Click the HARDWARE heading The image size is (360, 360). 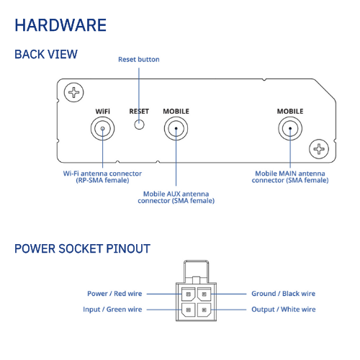click(x=60, y=25)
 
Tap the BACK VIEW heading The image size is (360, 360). click(x=46, y=54)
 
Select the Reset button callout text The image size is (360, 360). click(x=139, y=60)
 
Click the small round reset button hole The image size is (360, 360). click(x=139, y=125)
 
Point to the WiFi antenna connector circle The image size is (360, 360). click(x=102, y=128)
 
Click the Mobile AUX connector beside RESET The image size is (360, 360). click(x=176, y=128)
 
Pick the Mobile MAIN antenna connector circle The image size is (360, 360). click(x=290, y=128)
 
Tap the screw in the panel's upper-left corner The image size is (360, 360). click(x=74, y=92)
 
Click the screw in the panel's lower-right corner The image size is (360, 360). click(x=319, y=149)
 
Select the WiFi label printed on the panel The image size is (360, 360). click(x=103, y=112)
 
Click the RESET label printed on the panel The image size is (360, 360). click(x=139, y=112)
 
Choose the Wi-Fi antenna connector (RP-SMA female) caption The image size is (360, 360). click(x=102, y=177)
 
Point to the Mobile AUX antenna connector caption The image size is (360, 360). click(x=176, y=197)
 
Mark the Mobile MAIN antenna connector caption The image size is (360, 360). click(x=290, y=177)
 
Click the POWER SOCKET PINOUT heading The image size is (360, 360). click(x=82, y=248)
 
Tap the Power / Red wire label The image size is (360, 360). click(x=114, y=294)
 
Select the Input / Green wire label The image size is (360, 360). click(x=112, y=310)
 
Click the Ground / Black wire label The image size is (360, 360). click(x=284, y=294)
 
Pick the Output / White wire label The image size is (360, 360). click(x=284, y=310)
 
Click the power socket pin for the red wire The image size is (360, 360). click(x=189, y=294)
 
